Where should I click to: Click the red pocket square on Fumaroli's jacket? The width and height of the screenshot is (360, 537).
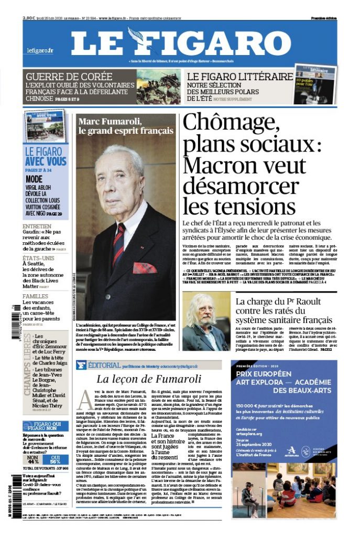(x=145, y=267)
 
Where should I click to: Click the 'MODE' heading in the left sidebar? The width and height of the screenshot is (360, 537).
(x=34, y=179)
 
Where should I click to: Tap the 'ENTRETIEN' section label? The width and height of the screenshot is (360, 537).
(x=37, y=227)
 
